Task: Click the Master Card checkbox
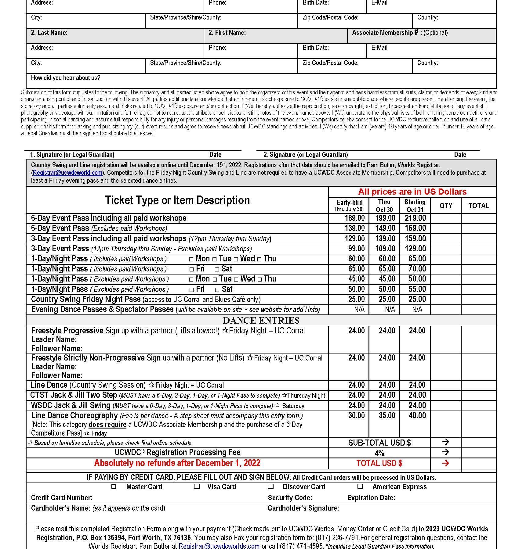tap(114, 487)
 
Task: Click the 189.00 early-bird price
tap(354, 218)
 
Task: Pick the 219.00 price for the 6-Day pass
tap(415, 218)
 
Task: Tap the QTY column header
tap(446, 206)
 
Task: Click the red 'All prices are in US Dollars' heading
tap(412, 192)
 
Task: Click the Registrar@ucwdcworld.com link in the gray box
tap(67, 173)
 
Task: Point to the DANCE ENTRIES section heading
tap(261, 321)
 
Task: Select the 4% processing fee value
tap(379, 453)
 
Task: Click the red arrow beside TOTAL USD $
tap(445, 463)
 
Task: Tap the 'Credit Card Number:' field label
tap(62, 498)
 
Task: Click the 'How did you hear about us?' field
tap(66, 78)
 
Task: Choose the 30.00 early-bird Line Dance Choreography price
tap(356, 415)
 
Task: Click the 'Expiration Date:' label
tap(371, 498)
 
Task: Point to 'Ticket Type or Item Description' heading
tap(177, 200)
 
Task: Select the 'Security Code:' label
tap(290, 498)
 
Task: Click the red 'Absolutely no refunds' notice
tap(177, 463)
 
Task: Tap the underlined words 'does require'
tap(107, 425)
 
